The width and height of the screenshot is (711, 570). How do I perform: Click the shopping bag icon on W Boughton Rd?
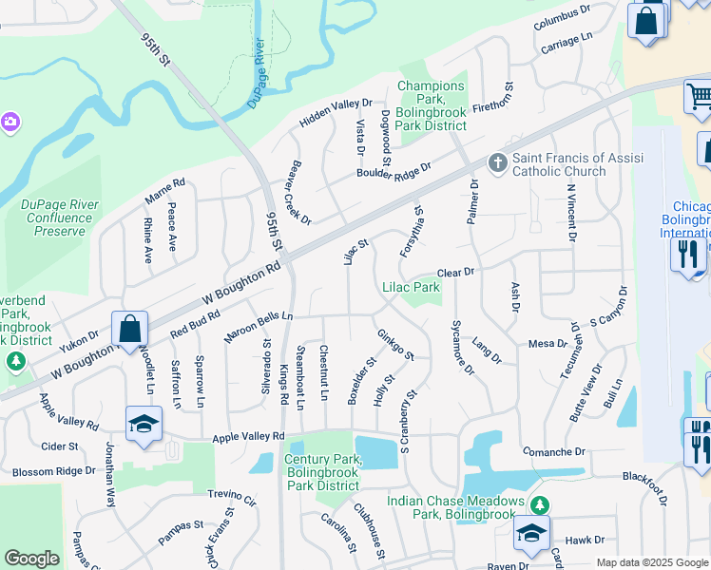(x=130, y=329)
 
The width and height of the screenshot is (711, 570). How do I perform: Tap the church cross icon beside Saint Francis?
(x=496, y=163)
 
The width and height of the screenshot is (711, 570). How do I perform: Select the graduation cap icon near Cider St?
(x=144, y=424)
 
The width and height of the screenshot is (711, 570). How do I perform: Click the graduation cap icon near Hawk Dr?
(x=531, y=532)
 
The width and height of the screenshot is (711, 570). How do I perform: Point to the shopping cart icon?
(x=699, y=96)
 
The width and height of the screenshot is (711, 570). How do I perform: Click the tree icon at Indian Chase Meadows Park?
(x=540, y=503)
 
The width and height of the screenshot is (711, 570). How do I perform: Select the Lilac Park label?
(x=411, y=287)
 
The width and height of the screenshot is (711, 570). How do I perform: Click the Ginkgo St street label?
(x=395, y=345)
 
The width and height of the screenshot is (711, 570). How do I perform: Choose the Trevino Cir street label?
(x=233, y=498)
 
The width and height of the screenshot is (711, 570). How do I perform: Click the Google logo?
(x=31, y=559)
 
